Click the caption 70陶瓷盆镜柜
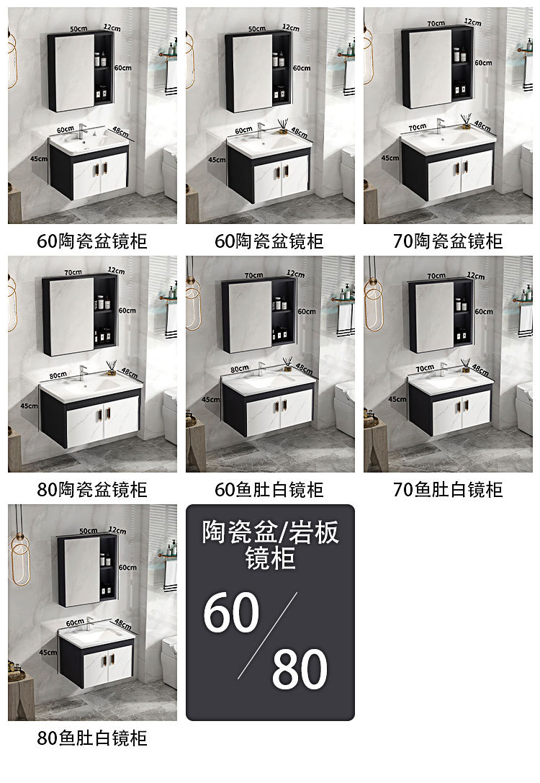click(448, 241)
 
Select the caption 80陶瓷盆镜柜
click(92, 490)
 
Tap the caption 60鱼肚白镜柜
click(269, 490)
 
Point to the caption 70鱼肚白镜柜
click(448, 490)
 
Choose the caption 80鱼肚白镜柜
click(92, 738)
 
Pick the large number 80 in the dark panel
click(300, 669)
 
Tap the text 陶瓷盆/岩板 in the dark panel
click(270, 533)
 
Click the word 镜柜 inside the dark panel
click(270, 559)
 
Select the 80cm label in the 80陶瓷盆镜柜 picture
click(59, 375)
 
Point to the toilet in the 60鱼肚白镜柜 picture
click(345, 408)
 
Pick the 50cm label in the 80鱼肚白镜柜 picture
click(88, 531)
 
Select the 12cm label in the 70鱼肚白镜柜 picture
click(474, 275)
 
